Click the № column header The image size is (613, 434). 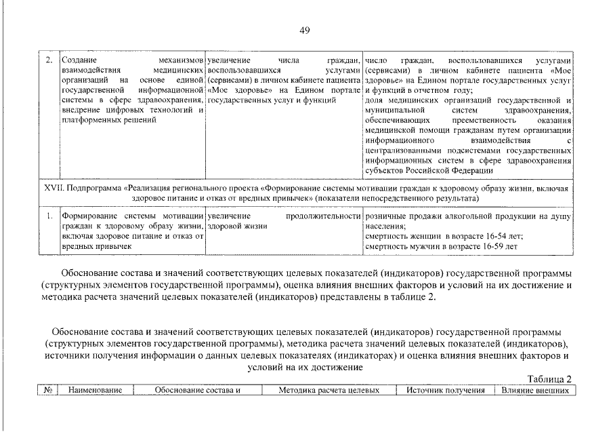(48, 391)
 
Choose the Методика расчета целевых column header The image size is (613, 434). (328, 391)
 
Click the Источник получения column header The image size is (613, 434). (446, 391)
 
